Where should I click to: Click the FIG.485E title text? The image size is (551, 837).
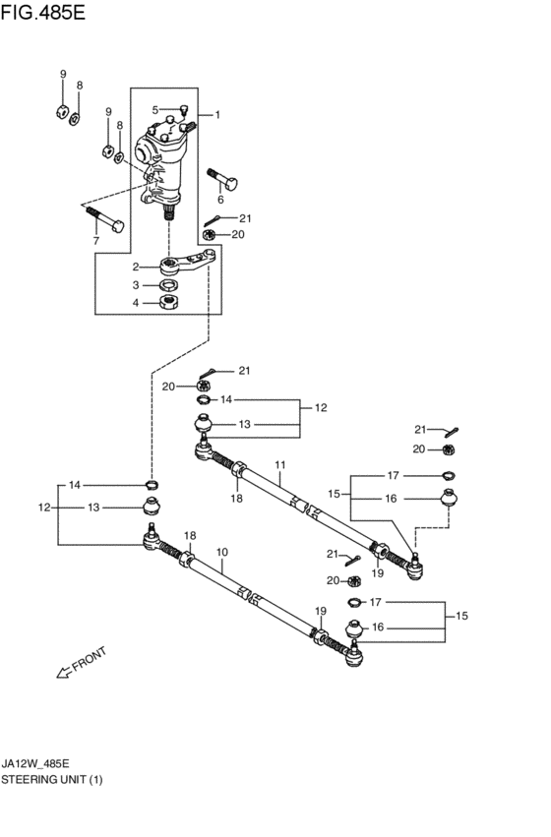click(42, 12)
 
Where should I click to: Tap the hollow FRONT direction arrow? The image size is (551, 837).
click(64, 673)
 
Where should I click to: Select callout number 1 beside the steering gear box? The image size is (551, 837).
click(217, 115)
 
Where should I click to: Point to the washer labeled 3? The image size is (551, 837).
click(169, 285)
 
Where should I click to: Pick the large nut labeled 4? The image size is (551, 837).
click(169, 302)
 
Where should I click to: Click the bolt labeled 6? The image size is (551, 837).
click(222, 179)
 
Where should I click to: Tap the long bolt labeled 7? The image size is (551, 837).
click(104, 219)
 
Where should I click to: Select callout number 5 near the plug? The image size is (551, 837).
click(155, 110)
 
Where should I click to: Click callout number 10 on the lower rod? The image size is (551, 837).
click(222, 552)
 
